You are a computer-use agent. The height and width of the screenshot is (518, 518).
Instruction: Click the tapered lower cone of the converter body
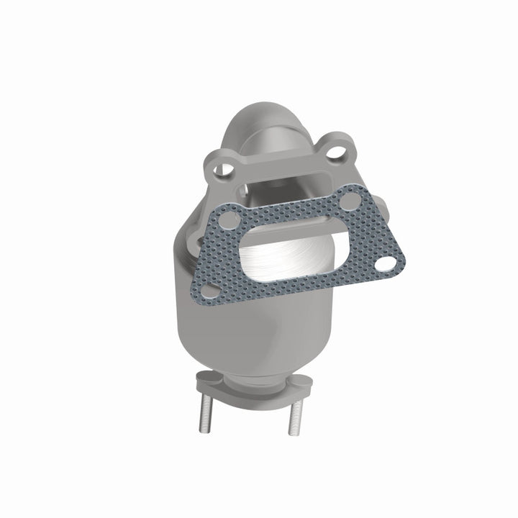pos(237,338)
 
